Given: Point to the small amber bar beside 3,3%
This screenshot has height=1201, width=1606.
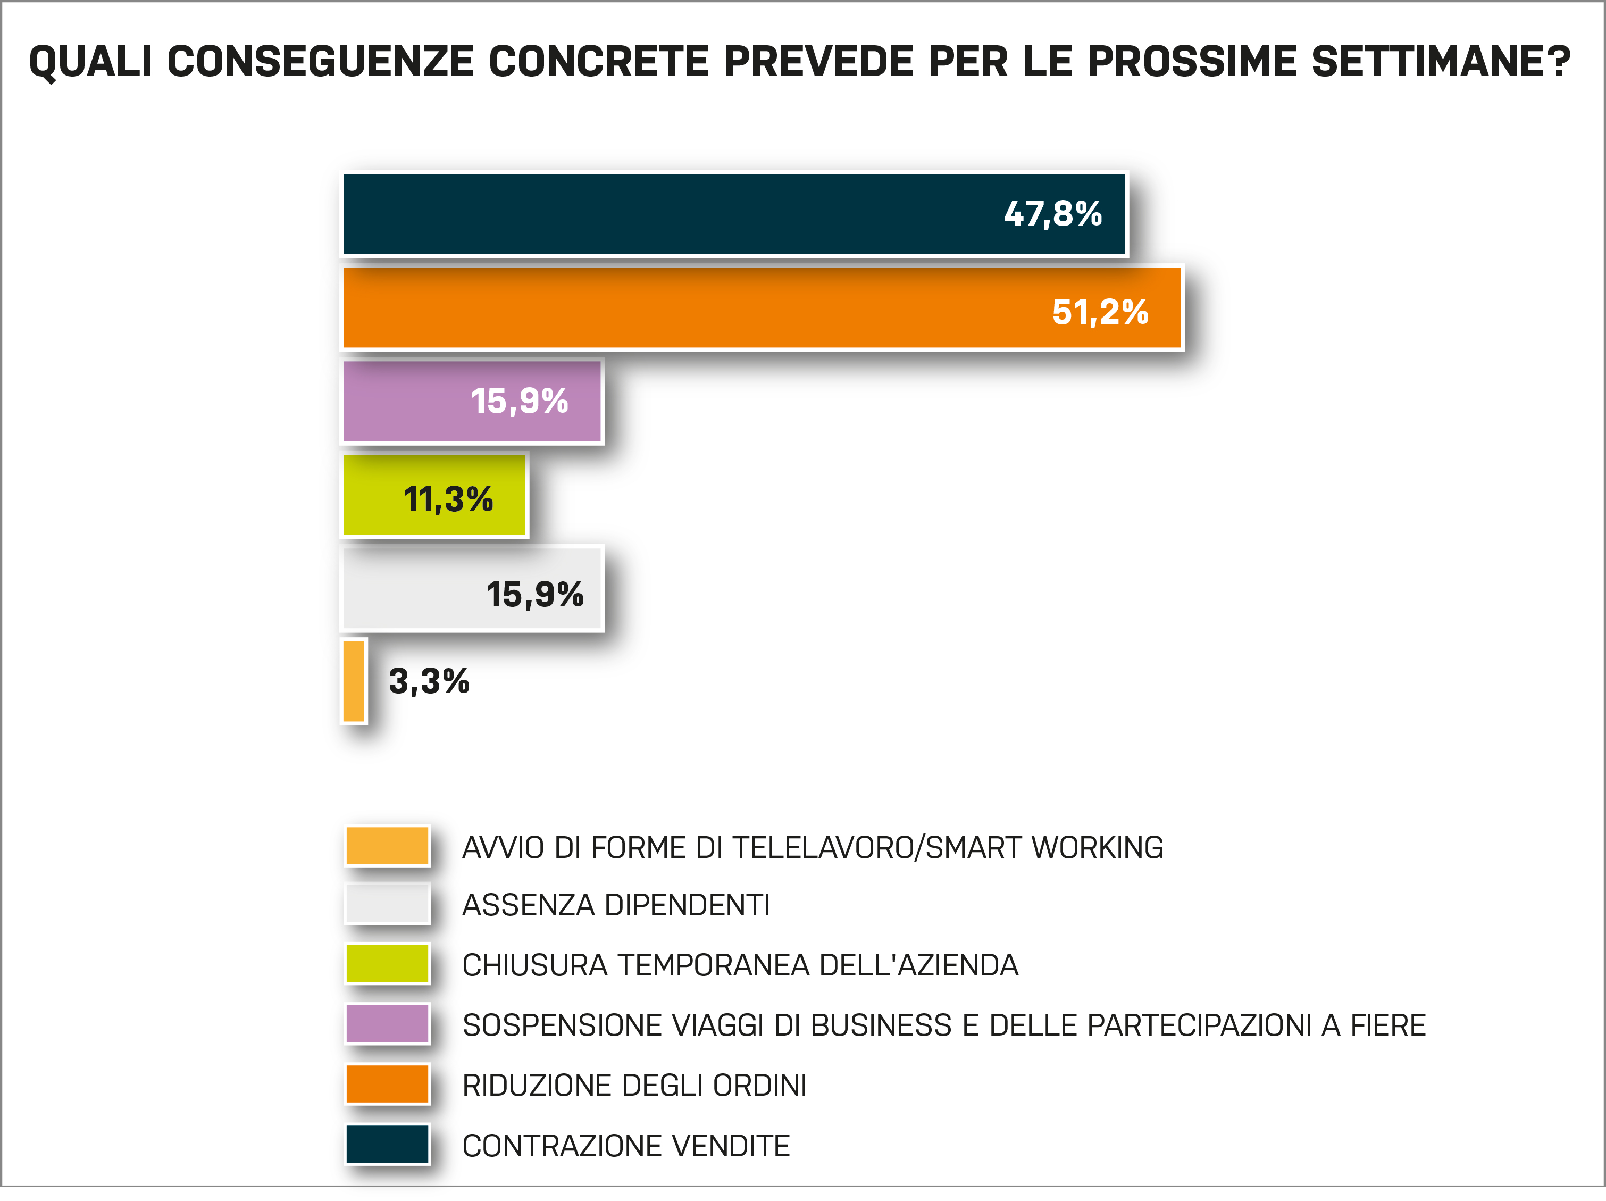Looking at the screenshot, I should click(x=354, y=681).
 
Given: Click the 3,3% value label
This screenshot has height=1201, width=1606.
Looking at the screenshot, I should click(x=429, y=681).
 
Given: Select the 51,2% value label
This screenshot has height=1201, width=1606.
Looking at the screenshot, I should click(x=1100, y=312).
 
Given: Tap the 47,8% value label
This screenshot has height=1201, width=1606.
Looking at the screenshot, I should click(x=1053, y=214).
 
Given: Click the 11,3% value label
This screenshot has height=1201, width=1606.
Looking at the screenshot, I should click(x=448, y=499).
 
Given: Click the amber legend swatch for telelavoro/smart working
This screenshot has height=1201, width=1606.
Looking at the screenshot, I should click(x=387, y=846).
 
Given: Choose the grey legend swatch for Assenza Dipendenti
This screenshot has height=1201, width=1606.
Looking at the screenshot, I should click(x=387, y=904).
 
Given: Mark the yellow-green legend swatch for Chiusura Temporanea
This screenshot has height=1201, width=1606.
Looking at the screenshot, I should click(x=387, y=964).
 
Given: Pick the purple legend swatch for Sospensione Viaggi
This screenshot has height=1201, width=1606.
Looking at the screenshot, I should click(x=387, y=1024).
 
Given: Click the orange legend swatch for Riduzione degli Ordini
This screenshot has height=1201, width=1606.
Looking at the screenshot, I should click(x=387, y=1084).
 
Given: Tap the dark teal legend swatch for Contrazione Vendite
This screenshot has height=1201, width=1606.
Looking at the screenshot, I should click(x=387, y=1145).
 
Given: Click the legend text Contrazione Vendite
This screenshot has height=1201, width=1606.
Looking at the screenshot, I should click(x=626, y=1146).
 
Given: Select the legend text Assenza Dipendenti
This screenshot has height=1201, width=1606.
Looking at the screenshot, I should click(x=616, y=905).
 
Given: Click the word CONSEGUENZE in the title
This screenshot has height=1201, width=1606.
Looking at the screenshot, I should click(x=320, y=61).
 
